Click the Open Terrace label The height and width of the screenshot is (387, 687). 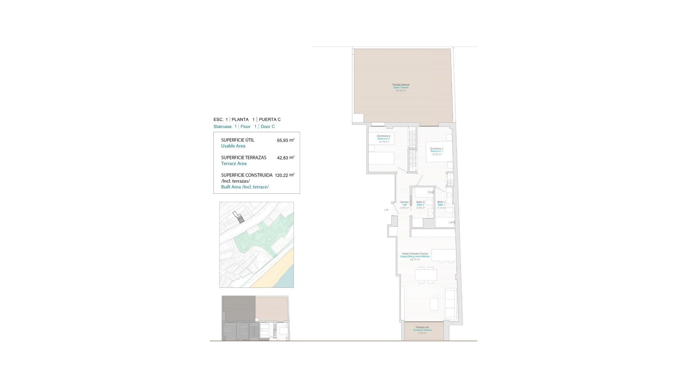401,87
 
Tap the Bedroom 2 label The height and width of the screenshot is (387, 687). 384,139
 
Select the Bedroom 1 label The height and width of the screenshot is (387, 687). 437,151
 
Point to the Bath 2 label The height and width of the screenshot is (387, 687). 420,205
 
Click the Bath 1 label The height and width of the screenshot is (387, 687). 441,205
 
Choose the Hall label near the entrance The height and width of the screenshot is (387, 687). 404,205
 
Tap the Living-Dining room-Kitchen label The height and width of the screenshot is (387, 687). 415,257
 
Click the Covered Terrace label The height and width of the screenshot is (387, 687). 422,330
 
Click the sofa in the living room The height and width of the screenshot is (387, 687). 450,304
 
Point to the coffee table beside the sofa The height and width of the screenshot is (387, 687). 434,304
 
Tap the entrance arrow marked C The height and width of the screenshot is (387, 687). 386,210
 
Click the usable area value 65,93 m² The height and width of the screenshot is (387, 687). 285,140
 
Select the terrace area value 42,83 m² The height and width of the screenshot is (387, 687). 285,158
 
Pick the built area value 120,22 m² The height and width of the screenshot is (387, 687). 284,175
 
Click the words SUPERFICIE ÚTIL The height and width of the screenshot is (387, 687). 238,140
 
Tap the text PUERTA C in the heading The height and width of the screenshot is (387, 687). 269,119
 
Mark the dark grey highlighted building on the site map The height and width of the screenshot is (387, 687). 241,220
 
